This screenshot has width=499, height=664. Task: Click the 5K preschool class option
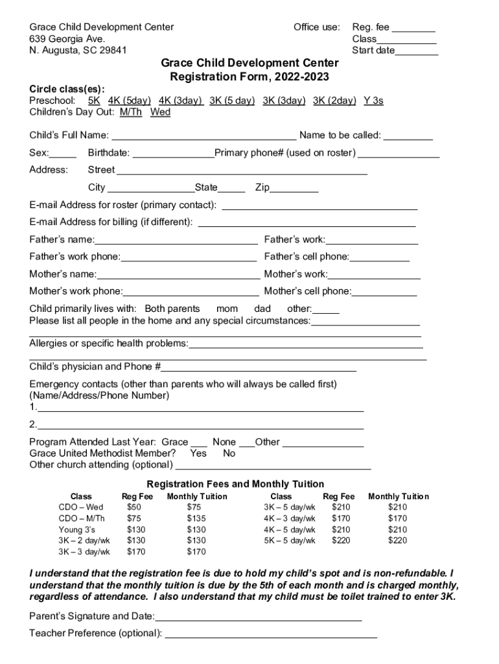click(94, 101)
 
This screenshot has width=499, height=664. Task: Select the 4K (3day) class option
click(180, 101)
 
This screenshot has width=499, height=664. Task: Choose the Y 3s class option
click(373, 101)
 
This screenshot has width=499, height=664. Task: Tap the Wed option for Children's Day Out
click(160, 112)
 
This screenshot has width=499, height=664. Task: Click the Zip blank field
click(294, 189)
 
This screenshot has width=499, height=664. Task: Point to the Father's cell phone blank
click(380, 257)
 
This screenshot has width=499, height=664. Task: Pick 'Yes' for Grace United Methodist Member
click(198, 453)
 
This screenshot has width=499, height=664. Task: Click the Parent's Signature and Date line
click(258, 617)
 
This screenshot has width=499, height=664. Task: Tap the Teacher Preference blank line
click(271, 634)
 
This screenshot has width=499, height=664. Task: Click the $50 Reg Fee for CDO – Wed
click(134, 507)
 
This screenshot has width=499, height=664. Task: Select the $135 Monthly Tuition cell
click(196, 519)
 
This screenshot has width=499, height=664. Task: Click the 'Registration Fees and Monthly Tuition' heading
click(236, 484)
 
